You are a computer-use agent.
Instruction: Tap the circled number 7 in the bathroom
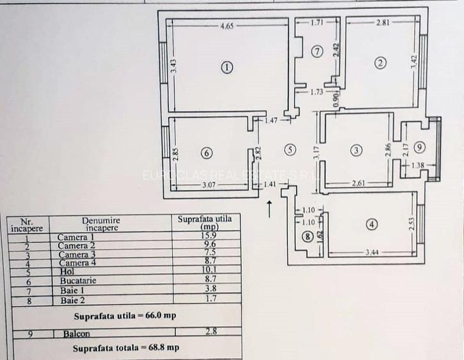tap(317, 52)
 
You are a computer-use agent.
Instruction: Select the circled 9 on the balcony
tap(419, 148)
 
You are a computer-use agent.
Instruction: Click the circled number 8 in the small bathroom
tap(309, 236)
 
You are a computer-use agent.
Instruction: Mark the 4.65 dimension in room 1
tap(228, 27)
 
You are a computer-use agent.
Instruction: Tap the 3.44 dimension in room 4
tap(371, 253)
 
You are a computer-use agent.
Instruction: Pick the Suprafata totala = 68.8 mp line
tap(125, 348)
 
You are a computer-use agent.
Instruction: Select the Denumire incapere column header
tap(100, 223)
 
